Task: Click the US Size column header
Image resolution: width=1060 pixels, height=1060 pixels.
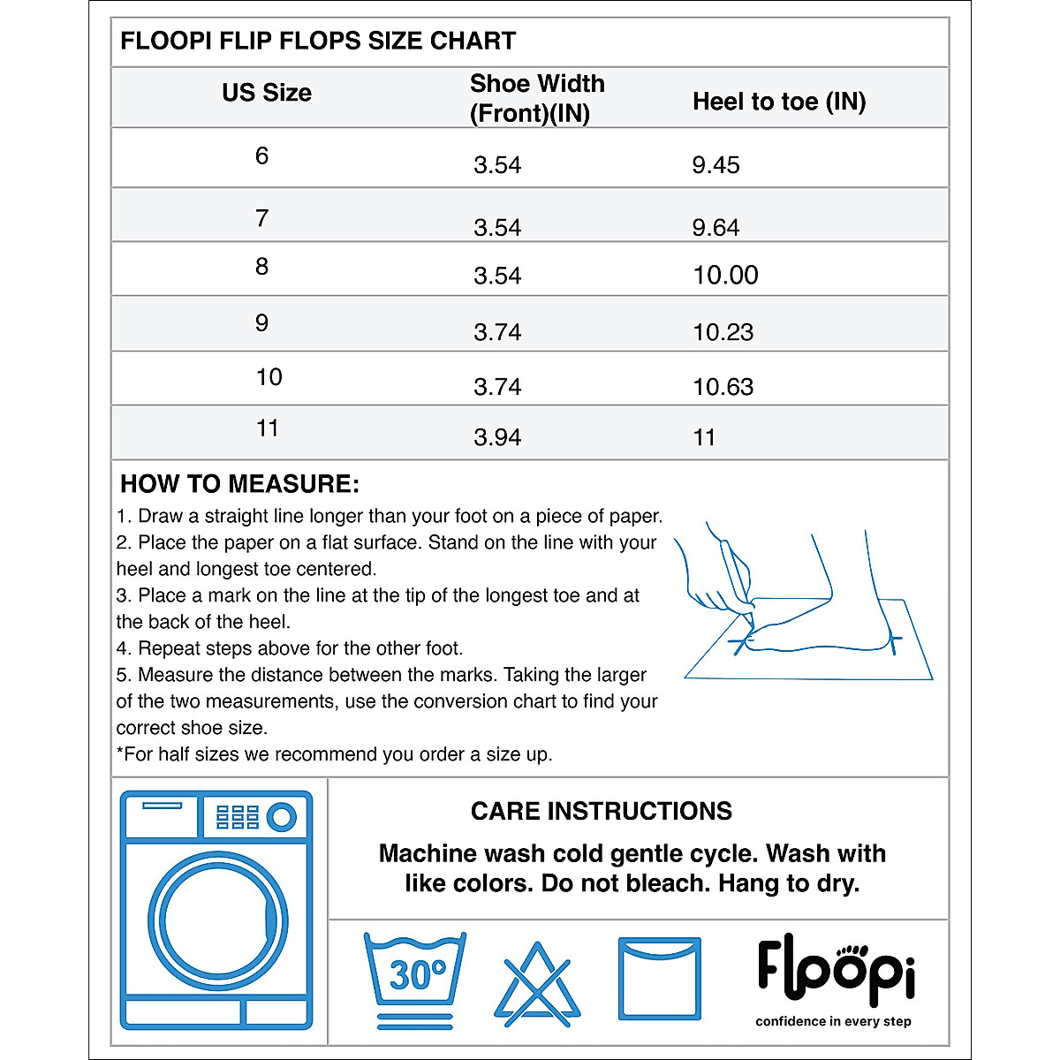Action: coord(266,93)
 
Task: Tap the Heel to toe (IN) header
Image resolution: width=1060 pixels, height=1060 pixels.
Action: coord(778,102)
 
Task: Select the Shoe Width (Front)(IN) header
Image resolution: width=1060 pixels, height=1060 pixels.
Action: coord(537,98)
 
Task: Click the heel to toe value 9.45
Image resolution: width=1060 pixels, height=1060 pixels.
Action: coord(715,165)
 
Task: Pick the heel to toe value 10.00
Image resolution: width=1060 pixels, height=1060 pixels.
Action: coord(725,275)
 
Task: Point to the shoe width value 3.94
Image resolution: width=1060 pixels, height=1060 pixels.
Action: coord(497,437)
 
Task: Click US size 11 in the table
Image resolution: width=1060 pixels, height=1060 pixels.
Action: coord(267,428)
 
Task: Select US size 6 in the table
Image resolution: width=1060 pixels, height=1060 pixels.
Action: coord(261,156)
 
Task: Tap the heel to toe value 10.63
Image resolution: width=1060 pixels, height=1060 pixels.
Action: coord(723,387)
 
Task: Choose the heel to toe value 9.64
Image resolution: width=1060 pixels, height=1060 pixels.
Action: coord(715,228)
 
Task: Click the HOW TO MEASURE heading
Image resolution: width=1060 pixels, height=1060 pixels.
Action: coord(239,484)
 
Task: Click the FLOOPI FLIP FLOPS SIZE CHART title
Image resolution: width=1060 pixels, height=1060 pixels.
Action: coord(318,41)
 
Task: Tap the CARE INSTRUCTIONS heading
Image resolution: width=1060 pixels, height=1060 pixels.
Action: coord(601,811)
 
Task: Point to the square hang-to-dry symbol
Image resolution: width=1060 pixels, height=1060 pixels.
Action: coord(659,979)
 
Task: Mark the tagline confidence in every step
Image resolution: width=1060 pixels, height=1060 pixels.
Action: coord(833,1021)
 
